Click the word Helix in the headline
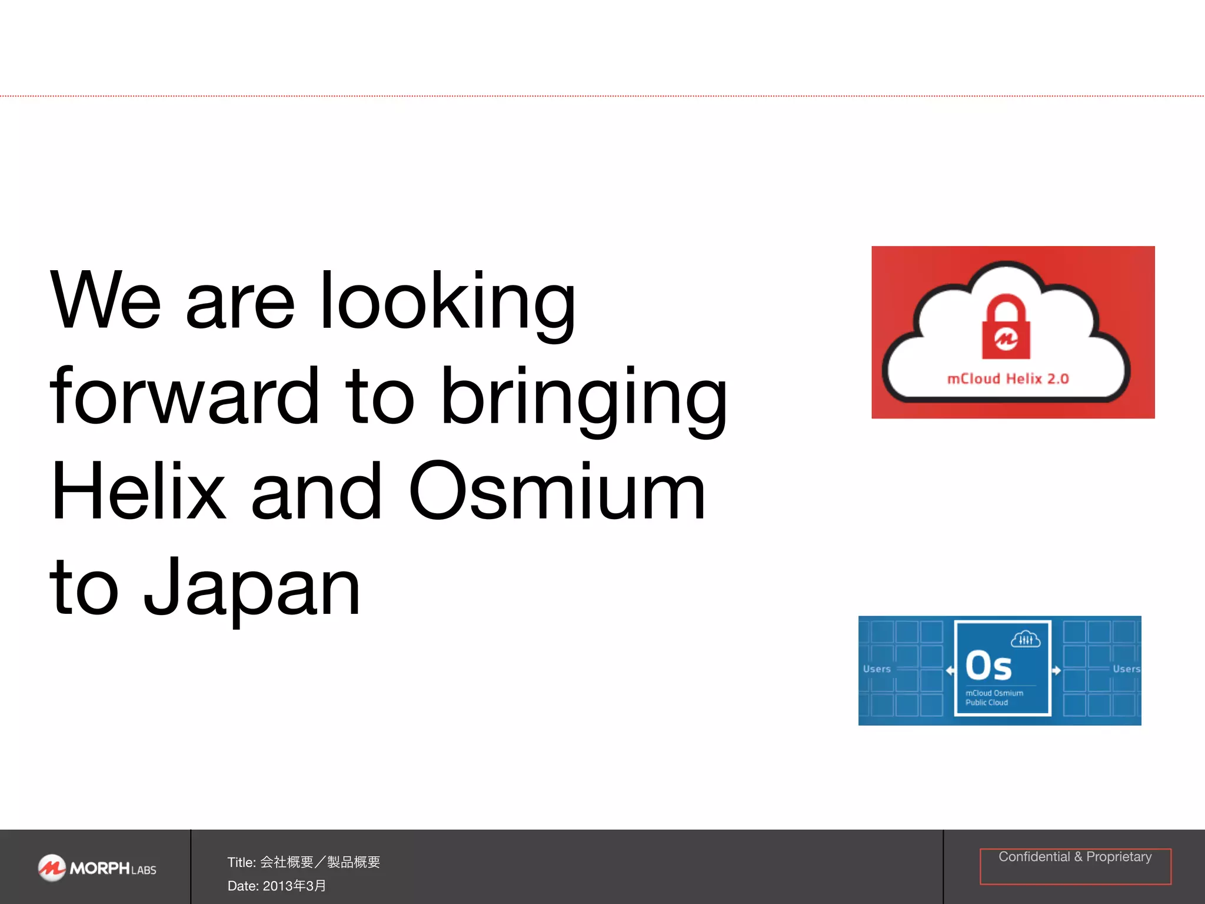tap(138, 491)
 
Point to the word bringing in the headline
tap(584, 398)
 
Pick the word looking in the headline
tap(447, 303)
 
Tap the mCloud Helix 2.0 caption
tap(1008, 378)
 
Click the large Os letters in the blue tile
tap(988, 666)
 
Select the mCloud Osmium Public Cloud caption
tap(994, 697)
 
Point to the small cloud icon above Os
tap(1026, 639)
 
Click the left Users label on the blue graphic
tap(877, 669)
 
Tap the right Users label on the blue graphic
tap(1126, 669)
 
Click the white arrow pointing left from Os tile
tap(950, 670)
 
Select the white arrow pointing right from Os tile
tap(1057, 670)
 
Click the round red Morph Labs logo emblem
tap(52, 868)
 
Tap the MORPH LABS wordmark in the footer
tap(113, 869)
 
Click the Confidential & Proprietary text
tap(1075, 857)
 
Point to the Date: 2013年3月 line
tap(277, 886)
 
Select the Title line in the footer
tap(304, 862)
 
